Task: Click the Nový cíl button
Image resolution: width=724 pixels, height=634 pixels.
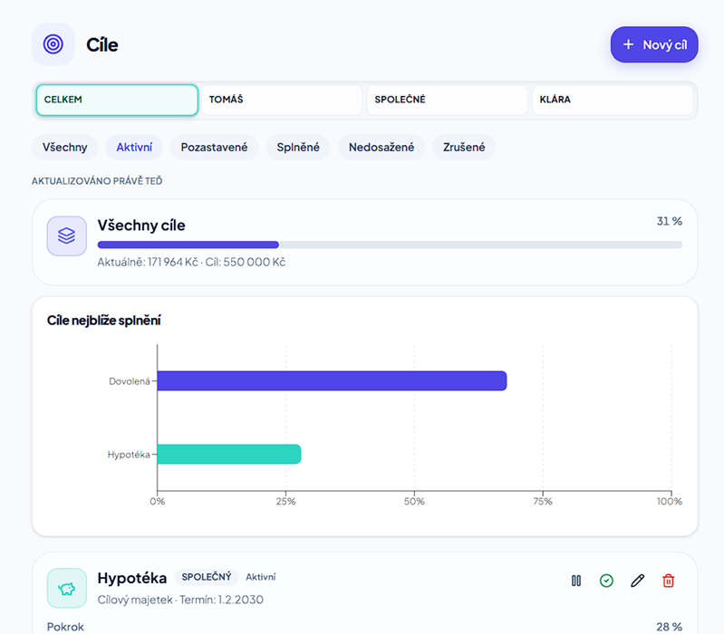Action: pos(654,44)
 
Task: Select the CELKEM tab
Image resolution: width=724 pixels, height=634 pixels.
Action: pos(117,100)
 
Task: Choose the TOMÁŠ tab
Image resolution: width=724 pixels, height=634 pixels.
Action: pos(282,100)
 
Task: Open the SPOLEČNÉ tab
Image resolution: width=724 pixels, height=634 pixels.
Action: pos(447,100)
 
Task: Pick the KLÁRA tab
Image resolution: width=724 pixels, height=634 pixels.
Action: pos(613,100)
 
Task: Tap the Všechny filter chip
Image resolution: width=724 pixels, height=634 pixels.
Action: pos(64,148)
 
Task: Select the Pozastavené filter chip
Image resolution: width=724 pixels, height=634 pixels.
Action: pos(214,148)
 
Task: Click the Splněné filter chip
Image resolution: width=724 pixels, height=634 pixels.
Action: pos(298,148)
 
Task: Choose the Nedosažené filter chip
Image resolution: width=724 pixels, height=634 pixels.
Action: pos(381,148)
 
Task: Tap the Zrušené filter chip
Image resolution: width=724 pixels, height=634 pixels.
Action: pos(464,148)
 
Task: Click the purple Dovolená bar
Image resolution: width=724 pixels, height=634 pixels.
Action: pos(332,380)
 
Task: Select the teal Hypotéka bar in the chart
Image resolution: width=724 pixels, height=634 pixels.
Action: pos(229,454)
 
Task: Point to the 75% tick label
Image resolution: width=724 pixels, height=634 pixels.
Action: pos(543,502)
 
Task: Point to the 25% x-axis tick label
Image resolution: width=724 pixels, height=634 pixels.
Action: pos(285,502)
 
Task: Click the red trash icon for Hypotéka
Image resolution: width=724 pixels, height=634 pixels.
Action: pos(668,581)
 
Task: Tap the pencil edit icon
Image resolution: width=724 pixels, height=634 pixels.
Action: pos(637,581)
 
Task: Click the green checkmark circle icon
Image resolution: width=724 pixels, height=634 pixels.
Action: pos(606,581)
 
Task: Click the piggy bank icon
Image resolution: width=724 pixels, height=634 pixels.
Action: pos(67,589)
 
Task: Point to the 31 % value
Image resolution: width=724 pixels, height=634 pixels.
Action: pos(670,222)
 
